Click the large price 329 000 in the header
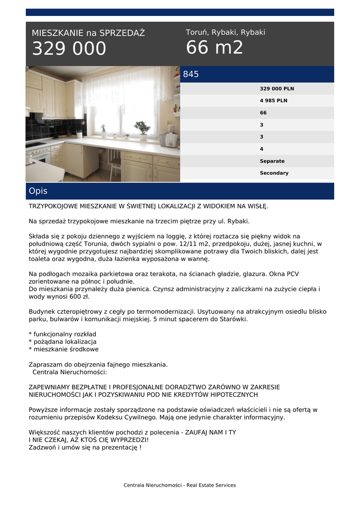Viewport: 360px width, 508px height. [69, 49]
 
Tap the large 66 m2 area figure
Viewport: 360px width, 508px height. [215, 48]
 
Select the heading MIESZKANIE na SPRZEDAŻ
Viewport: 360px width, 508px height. [88, 33]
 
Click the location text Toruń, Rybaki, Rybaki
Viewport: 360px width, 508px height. [225, 32]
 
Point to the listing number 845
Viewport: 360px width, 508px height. [191, 74]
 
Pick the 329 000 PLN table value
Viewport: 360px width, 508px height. [277, 89]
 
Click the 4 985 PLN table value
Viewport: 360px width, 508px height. [274, 101]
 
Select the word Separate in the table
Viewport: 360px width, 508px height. [272, 161]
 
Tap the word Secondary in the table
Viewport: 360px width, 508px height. [274, 173]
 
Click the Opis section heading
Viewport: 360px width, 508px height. [38, 191]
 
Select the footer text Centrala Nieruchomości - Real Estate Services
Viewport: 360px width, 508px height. [180, 485]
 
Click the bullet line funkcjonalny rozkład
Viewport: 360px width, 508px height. [65, 334]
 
